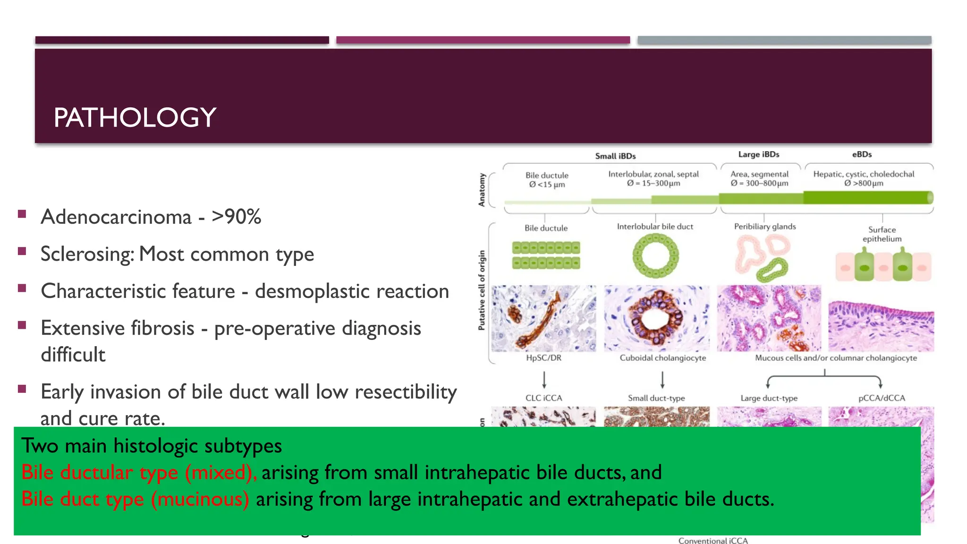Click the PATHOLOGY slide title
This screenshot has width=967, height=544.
pos(135,118)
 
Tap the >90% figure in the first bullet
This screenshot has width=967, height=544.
pos(236,217)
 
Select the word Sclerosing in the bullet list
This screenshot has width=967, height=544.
pos(87,254)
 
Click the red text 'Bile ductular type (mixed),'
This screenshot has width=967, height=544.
pos(139,472)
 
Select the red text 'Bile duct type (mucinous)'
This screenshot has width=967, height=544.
pos(135,499)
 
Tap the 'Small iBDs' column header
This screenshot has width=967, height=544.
pos(615,156)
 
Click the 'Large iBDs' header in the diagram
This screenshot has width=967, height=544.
pos(759,154)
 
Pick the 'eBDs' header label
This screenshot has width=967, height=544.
pos(862,154)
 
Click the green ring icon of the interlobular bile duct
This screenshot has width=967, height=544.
pos(655,256)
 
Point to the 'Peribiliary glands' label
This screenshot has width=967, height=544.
pos(765,227)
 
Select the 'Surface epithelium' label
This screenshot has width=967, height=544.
pos(882,234)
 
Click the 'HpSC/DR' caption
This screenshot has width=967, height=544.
pos(543,358)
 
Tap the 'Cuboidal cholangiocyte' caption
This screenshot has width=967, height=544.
pos(662,358)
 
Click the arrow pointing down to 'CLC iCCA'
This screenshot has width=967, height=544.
pos(544,380)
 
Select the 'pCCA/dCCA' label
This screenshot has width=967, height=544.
pos(882,398)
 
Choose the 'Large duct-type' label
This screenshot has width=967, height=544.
pos(769,398)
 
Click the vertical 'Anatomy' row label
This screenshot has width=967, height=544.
pos(482,190)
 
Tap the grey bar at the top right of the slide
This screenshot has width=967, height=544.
pos(784,40)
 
